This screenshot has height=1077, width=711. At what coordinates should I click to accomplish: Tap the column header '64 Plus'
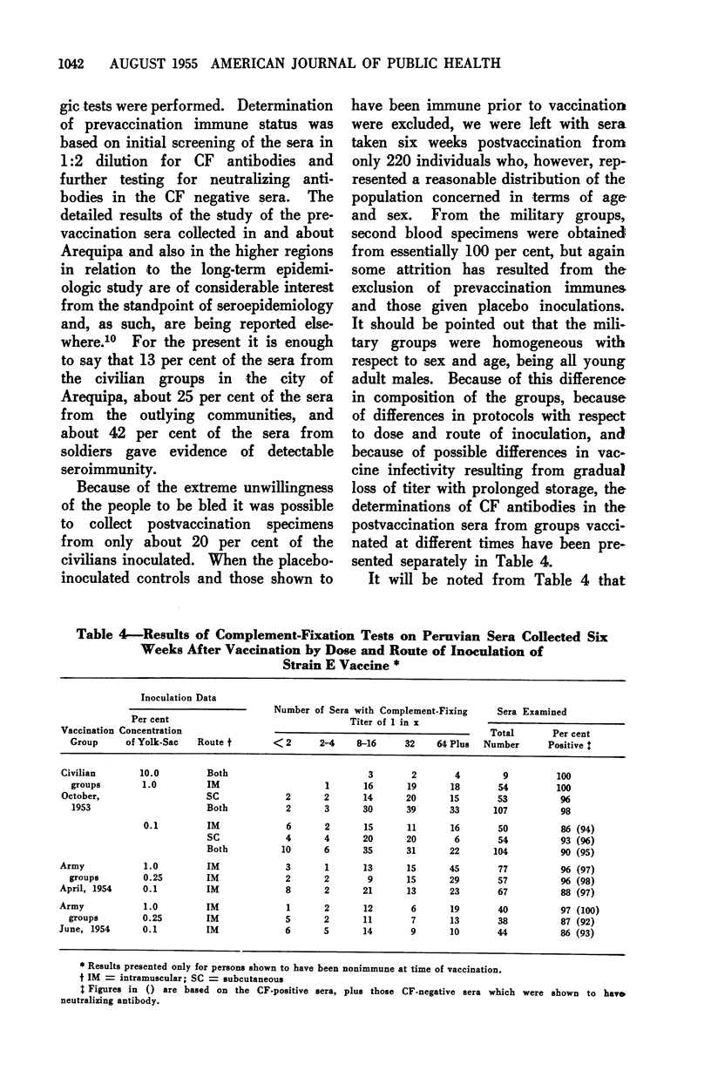(452, 745)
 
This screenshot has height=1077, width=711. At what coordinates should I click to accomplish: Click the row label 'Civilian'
(78, 772)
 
